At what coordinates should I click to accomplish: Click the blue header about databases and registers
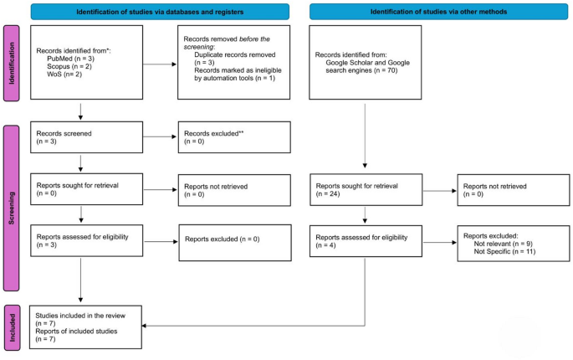point(161,11)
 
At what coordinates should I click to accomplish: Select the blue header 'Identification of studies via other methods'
point(432,11)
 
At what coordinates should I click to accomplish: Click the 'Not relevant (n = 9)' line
point(499,243)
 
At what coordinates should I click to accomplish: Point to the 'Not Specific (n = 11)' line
point(502,251)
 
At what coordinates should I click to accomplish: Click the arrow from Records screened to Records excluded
point(153,136)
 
